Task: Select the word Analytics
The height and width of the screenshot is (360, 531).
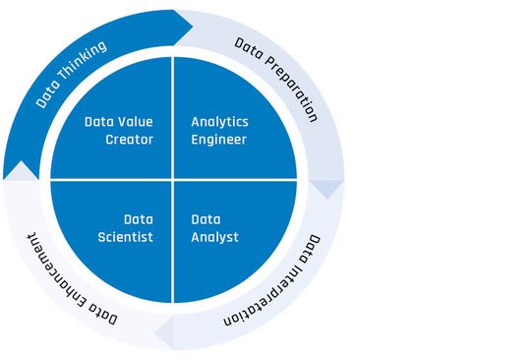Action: click(x=219, y=122)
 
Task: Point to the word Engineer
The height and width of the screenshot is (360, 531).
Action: click(x=218, y=140)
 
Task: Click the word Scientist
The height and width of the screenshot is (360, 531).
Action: click(x=126, y=237)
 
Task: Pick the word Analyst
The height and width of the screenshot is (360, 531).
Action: click(x=214, y=237)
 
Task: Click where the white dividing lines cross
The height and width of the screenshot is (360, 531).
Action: click(x=173, y=179)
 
